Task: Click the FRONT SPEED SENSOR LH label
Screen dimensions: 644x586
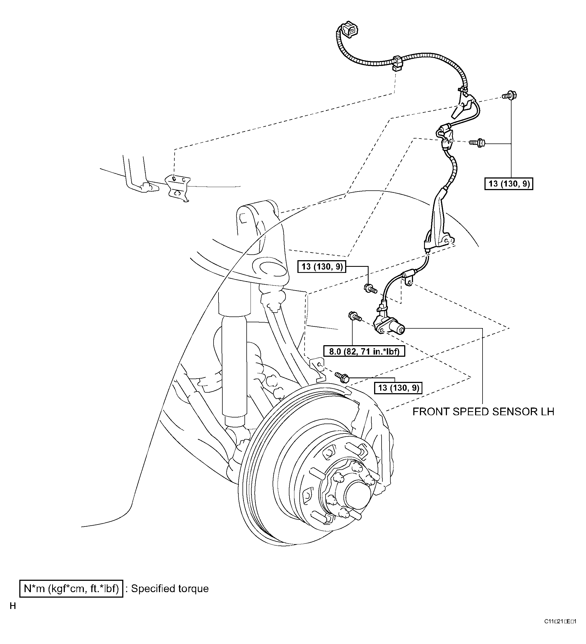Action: coord(483,412)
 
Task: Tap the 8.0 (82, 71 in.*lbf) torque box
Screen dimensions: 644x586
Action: coord(364,352)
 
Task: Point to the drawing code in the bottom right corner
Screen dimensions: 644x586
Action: coord(560,630)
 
